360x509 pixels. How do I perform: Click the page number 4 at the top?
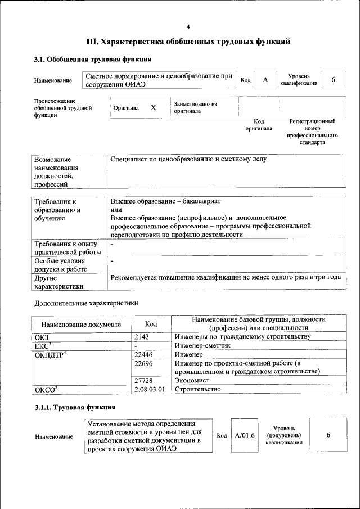pos(188,27)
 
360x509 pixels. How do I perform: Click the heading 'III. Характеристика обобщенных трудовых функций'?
pos(188,42)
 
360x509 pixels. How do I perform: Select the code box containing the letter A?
pos(264,80)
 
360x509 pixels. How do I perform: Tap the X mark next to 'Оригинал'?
pos(153,107)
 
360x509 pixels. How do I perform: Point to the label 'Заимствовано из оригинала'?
pos(196,107)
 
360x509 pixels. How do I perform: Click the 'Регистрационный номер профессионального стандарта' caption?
pos(312,132)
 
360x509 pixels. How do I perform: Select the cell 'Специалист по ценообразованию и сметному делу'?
pos(188,159)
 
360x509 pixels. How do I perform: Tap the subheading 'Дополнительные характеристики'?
pos(86,303)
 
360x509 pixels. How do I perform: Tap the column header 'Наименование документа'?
pos(81,324)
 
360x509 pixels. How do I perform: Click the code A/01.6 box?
pos(245,435)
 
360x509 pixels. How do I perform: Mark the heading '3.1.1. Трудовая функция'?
pos(75,407)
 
